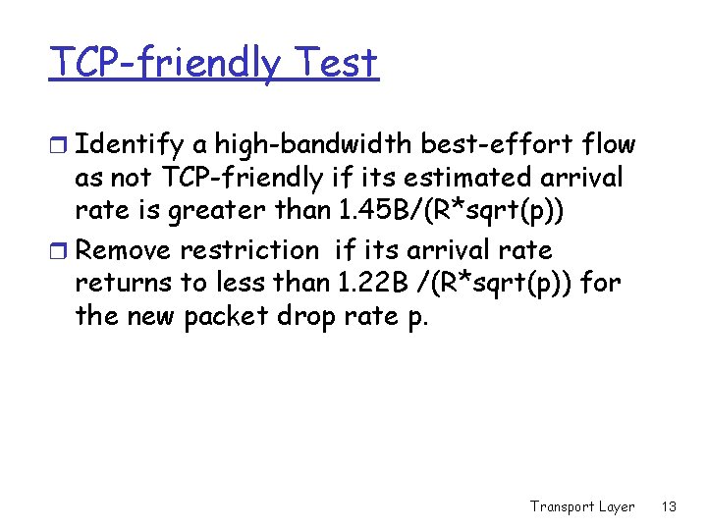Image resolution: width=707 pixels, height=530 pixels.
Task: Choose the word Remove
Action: (x=126, y=251)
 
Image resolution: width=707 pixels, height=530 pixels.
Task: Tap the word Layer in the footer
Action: (x=617, y=506)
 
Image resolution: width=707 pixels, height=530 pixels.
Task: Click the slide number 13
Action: (x=670, y=506)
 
